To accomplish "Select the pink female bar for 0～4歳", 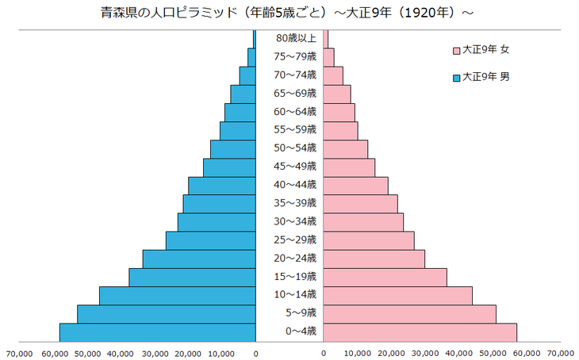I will coord(420,333).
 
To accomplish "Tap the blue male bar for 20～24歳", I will coord(199,259).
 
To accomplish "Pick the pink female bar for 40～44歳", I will coord(355,186).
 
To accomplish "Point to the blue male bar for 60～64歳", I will coord(240,112).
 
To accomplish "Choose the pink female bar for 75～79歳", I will coord(328,57).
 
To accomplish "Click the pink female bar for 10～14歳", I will coord(397,296).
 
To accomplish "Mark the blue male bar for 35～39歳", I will coord(219,204).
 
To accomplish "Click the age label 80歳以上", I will coord(297,38).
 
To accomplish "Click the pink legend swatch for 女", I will coord(456,51).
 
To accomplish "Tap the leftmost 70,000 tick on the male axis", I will coord(19,353).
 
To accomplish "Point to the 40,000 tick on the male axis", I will coord(121,353).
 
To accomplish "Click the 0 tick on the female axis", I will coord(324,353).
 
